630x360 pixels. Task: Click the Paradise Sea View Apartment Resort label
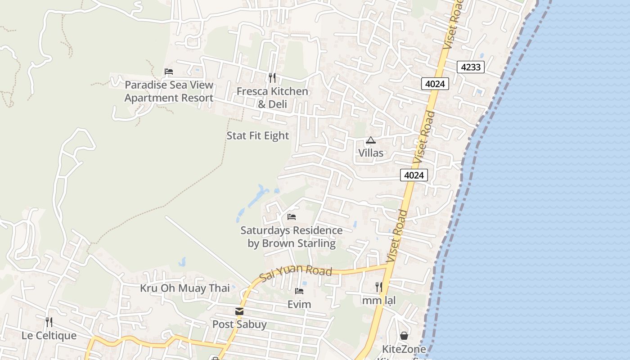[169, 91]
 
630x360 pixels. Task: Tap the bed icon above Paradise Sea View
[169, 72]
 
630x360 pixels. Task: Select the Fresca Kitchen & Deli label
[272, 98]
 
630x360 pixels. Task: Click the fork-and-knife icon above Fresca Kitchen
[272, 78]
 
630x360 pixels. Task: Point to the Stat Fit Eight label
[258, 135]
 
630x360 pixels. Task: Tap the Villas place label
[371, 153]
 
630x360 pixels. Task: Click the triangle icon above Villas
[370, 140]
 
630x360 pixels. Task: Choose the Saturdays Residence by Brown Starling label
[292, 237]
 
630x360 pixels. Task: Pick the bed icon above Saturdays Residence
[292, 217]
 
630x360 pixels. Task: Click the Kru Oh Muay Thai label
[185, 288]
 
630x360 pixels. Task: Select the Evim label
[299, 305]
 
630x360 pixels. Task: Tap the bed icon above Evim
[299, 291]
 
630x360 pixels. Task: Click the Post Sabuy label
[239, 324]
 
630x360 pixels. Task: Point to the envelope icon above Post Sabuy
[239, 311]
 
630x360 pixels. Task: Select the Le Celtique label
[49, 336]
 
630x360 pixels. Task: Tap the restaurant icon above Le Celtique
[49, 322]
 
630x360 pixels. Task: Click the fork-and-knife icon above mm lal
[379, 287]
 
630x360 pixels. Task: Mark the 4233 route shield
[471, 67]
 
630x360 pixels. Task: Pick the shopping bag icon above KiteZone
[404, 336]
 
